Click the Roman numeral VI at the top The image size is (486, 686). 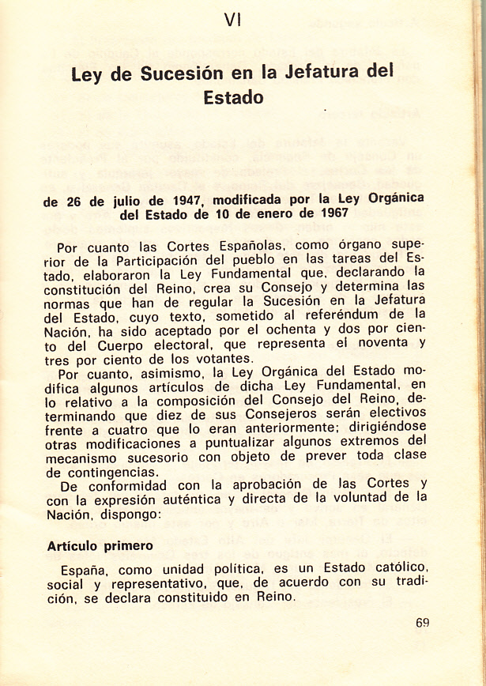232,21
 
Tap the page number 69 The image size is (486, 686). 422,622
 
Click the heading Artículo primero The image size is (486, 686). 100,546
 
